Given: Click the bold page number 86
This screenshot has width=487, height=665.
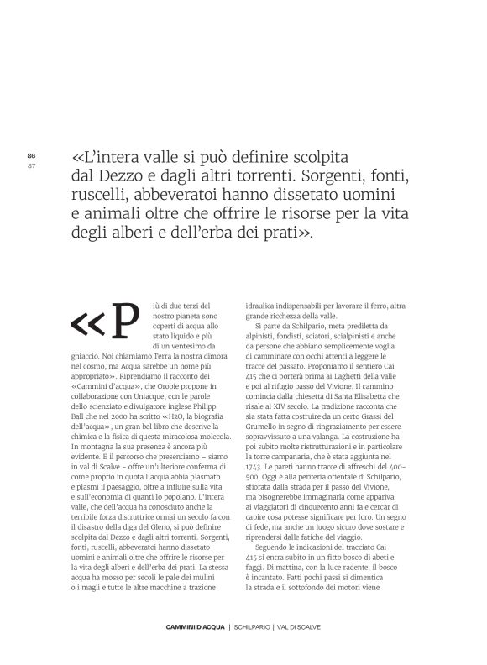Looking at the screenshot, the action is coord(32,155).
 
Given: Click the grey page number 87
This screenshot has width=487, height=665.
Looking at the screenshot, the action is coord(32,165).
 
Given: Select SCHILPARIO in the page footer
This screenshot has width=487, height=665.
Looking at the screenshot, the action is coord(258,627).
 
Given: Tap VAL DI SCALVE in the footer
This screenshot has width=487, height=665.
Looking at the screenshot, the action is coord(312,627).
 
